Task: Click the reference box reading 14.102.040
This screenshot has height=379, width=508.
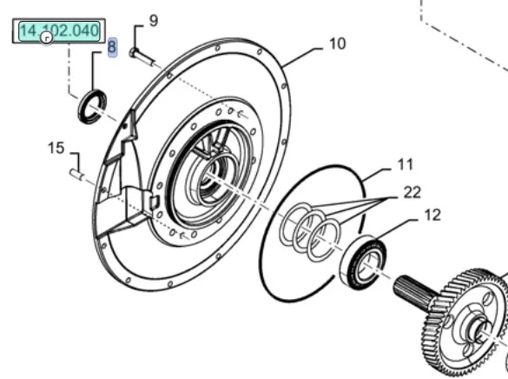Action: coord(59,31)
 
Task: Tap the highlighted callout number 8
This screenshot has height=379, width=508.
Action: coord(112,47)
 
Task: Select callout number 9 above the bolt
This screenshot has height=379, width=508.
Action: coord(153,20)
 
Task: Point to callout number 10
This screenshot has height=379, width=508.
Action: coord(337,43)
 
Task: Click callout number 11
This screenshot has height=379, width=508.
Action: coord(406,164)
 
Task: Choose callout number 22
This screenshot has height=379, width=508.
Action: coord(412,192)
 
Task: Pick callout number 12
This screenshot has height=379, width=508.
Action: coord(432,215)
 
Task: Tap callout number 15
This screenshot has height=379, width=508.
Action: coord(56,148)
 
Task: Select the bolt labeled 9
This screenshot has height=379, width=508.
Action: coord(142,57)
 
